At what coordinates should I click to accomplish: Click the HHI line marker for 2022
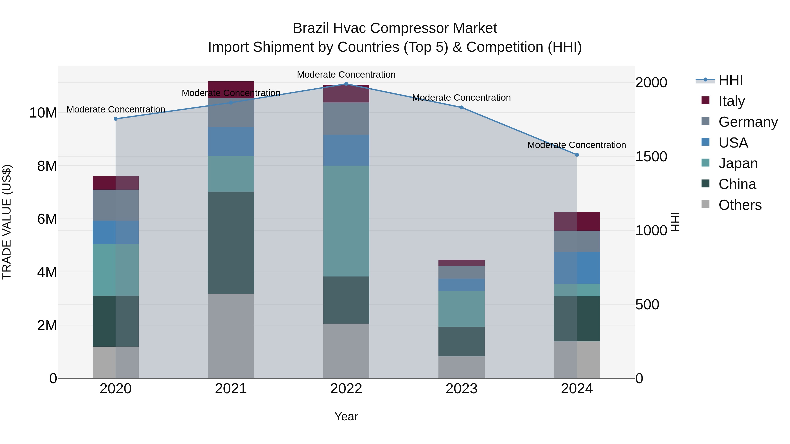[x=346, y=84]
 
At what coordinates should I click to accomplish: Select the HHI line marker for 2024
[x=577, y=155]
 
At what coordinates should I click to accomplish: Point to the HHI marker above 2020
[x=116, y=119]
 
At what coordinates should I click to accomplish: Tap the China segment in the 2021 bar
[x=231, y=243]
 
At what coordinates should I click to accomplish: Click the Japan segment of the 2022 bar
[x=346, y=221]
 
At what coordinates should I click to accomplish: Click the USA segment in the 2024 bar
[x=577, y=268]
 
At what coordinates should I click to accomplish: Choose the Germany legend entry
[x=748, y=122]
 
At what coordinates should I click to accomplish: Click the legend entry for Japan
[x=738, y=163]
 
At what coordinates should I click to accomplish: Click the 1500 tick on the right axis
[x=651, y=157]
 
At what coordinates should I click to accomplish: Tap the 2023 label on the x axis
[x=461, y=389]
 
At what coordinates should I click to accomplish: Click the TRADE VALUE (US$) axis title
[x=7, y=222]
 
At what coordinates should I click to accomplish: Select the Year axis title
[x=346, y=416]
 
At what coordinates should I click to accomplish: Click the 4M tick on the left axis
[x=47, y=272]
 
